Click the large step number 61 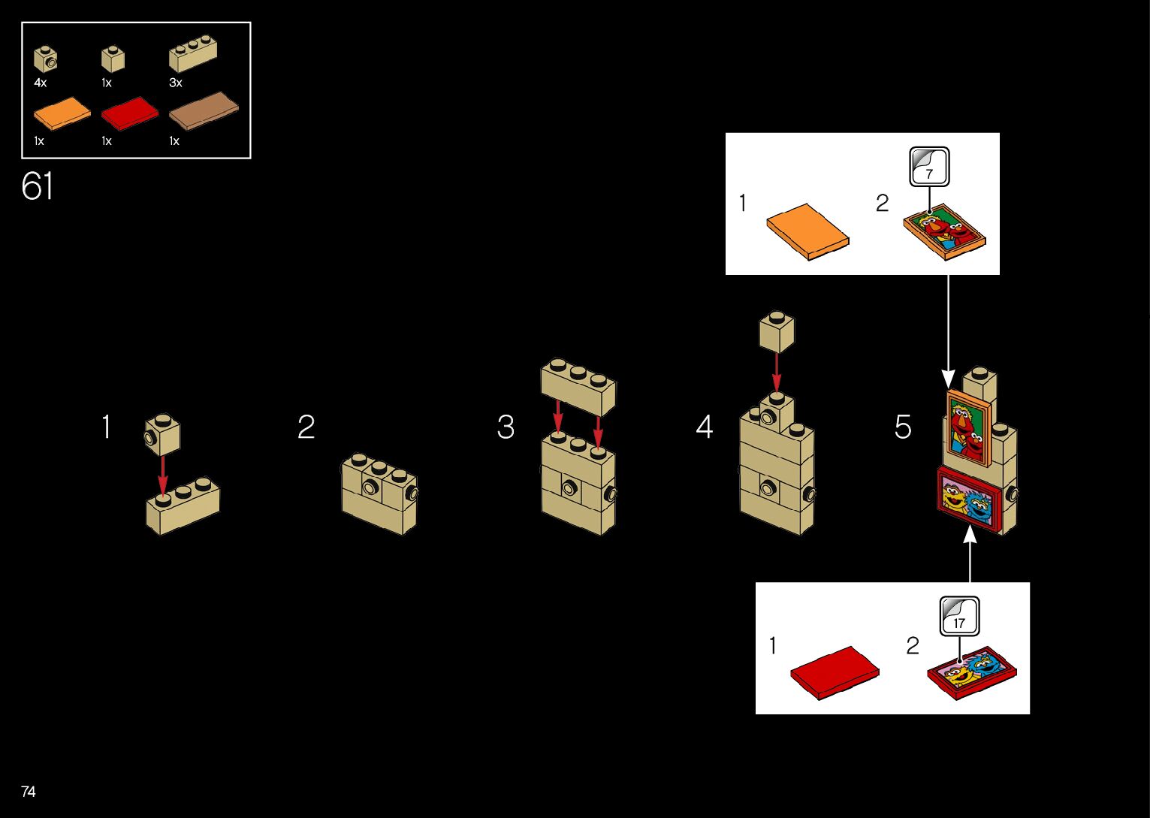[x=38, y=186]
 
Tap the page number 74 [x=29, y=792]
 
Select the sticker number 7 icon [x=929, y=167]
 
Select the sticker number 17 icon [x=959, y=616]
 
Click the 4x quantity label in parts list [x=41, y=83]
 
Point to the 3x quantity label [x=176, y=83]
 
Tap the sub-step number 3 [x=506, y=427]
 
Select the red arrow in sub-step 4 [x=777, y=373]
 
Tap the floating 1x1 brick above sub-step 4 [x=777, y=331]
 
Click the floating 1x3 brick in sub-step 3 [x=578, y=385]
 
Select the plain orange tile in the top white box [x=807, y=231]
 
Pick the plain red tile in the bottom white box [x=834, y=672]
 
